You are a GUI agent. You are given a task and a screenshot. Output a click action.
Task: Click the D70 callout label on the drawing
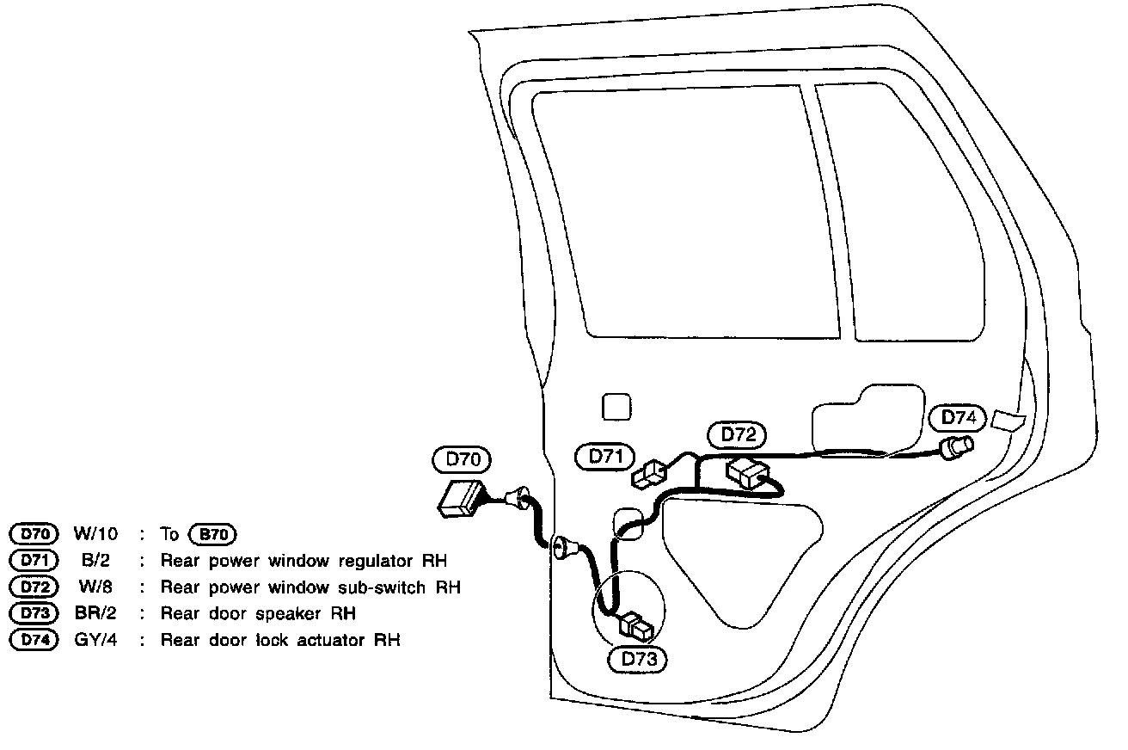463,460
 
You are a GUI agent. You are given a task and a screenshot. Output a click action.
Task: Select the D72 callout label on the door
737,435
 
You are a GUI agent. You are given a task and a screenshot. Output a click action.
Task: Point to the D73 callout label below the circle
638,660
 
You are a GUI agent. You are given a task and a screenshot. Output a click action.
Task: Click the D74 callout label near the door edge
958,418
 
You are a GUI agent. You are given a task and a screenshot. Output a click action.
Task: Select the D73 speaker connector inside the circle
638,625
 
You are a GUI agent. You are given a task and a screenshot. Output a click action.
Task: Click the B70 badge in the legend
211,535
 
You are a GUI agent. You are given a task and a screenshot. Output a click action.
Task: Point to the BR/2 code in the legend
94,614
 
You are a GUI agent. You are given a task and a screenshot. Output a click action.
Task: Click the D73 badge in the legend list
33,614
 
